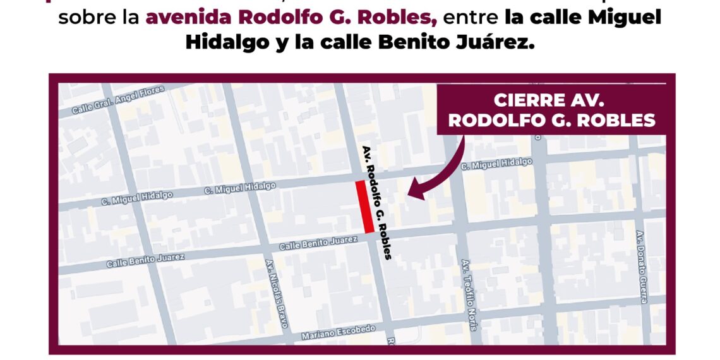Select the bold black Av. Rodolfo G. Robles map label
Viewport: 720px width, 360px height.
(x=377, y=203)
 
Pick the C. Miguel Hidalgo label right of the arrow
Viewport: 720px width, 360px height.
(x=496, y=164)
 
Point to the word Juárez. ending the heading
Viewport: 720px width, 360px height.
(x=498, y=42)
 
